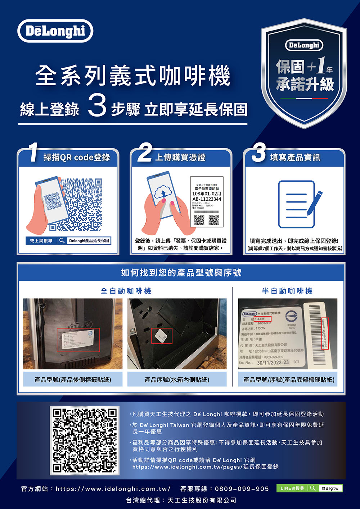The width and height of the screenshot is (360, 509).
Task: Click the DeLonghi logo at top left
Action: click(x=55, y=31)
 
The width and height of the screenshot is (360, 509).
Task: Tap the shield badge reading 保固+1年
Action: click(x=304, y=72)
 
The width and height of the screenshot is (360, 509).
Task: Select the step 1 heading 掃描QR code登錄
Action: click(x=77, y=158)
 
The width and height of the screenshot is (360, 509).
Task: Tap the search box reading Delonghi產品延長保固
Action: click(x=89, y=241)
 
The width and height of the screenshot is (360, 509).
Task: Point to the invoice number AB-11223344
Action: click(x=207, y=199)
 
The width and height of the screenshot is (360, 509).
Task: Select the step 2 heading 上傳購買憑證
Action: click(x=180, y=158)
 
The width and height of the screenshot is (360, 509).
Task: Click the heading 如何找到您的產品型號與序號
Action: click(x=181, y=273)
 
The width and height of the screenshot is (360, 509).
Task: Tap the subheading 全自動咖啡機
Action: click(x=126, y=291)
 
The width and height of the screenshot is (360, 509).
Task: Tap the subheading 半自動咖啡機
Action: click(x=287, y=291)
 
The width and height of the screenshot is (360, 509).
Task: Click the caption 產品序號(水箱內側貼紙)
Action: click(x=177, y=380)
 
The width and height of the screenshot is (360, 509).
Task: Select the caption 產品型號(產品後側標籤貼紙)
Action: click(x=73, y=380)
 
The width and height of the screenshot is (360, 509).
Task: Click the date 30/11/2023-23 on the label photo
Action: click(x=273, y=362)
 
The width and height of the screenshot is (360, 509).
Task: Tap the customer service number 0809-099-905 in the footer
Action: click(x=242, y=489)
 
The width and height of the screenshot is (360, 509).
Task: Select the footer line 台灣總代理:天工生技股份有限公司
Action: click(x=181, y=500)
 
